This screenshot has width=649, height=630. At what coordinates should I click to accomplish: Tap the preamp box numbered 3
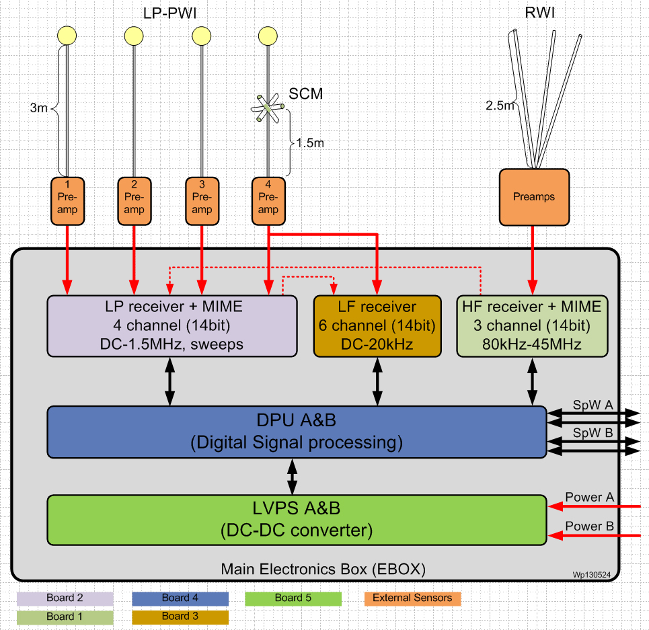tap(202, 200)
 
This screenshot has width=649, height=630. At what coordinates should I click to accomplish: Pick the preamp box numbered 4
tap(268, 200)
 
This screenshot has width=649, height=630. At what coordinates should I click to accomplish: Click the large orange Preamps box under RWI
tap(534, 196)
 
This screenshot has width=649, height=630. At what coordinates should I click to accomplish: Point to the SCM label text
tap(306, 94)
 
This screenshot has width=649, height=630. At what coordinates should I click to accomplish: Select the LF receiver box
tap(377, 325)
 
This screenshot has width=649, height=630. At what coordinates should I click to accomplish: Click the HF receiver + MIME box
tap(531, 325)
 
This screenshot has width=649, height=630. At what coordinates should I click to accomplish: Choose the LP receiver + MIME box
tap(172, 325)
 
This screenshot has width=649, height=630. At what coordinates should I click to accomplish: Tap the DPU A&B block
tap(296, 432)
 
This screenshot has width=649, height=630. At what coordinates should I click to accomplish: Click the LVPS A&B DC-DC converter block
tap(296, 519)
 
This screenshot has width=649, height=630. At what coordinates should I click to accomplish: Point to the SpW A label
tap(593, 405)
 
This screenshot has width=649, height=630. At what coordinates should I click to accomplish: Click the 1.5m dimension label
tap(309, 143)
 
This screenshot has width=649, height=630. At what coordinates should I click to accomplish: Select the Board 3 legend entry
tap(180, 617)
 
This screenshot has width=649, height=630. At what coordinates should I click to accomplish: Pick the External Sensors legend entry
tap(412, 598)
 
